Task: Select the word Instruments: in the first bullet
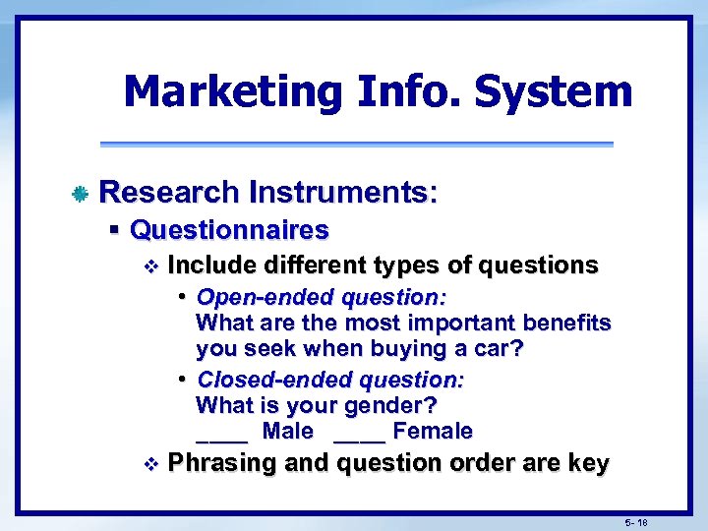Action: (x=342, y=192)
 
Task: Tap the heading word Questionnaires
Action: (x=229, y=230)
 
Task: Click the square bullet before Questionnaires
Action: (x=115, y=230)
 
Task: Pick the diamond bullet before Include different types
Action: (x=149, y=265)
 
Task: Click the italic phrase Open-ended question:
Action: (x=322, y=297)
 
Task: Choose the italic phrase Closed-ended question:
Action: (x=330, y=380)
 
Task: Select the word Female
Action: (x=433, y=432)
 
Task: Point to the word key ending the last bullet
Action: (x=588, y=463)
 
